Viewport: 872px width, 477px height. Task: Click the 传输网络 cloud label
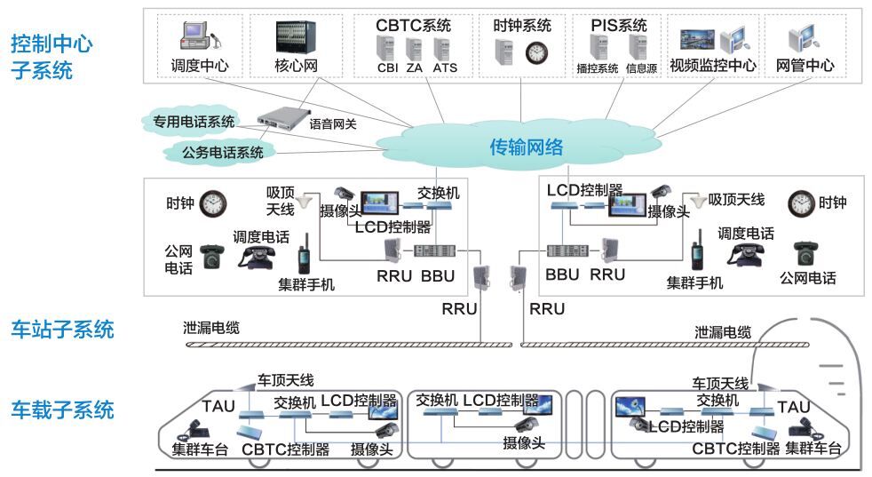pyautogui.click(x=527, y=147)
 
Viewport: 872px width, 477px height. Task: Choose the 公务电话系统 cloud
pyautogui.click(x=222, y=152)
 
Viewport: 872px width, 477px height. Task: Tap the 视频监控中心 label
pyautogui.click(x=713, y=66)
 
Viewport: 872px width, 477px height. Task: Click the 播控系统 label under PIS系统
pyautogui.click(x=597, y=68)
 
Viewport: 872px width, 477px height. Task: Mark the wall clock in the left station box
pyautogui.click(x=213, y=203)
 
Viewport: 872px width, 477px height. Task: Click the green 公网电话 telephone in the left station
pyautogui.click(x=212, y=256)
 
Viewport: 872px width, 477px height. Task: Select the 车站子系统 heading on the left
pyautogui.click(x=62, y=330)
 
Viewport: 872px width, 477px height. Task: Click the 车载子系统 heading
pyautogui.click(x=62, y=409)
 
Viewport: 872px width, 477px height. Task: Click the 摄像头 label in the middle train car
pyautogui.click(x=524, y=443)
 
